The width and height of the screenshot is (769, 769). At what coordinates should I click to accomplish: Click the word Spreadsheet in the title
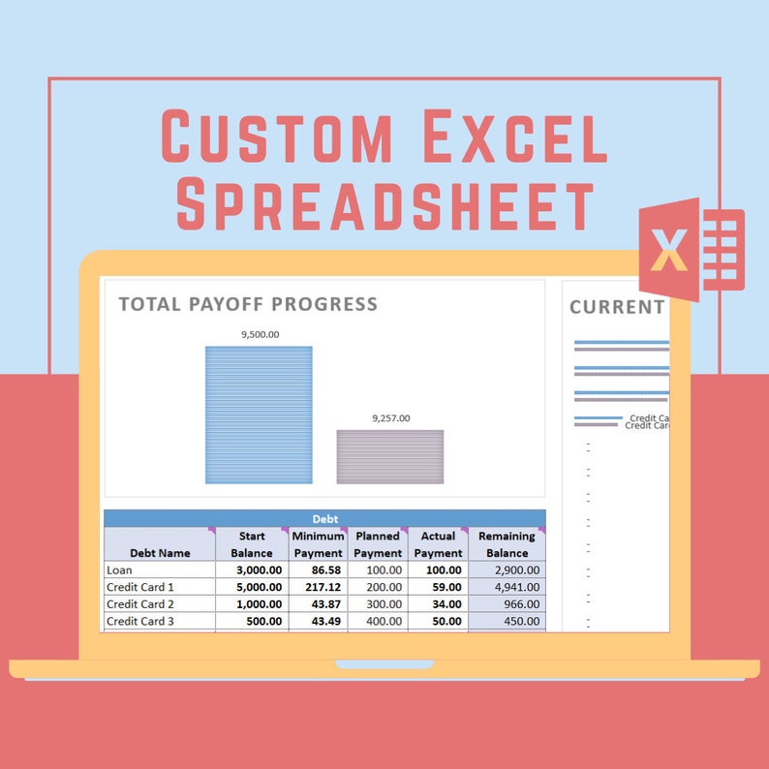click(x=384, y=204)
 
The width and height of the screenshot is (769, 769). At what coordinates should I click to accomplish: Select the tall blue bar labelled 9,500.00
click(x=259, y=415)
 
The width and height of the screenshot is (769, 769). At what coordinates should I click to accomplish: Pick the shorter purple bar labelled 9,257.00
click(x=390, y=457)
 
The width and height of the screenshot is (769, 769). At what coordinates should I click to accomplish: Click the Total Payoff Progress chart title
click(x=248, y=304)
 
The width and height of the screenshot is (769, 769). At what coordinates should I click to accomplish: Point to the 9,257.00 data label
click(x=390, y=418)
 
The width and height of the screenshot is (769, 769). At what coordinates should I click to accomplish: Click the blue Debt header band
click(x=324, y=519)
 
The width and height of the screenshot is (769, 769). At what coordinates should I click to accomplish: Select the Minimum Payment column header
click(x=318, y=544)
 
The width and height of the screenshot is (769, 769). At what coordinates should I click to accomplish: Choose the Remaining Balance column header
click(x=507, y=544)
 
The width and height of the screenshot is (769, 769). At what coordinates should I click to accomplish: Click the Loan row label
click(x=119, y=570)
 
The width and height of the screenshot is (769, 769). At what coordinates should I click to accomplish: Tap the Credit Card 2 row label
click(x=140, y=604)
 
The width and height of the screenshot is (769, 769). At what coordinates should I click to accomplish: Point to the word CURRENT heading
click(x=616, y=307)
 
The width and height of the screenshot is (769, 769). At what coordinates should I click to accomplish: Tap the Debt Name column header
click(x=160, y=553)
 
